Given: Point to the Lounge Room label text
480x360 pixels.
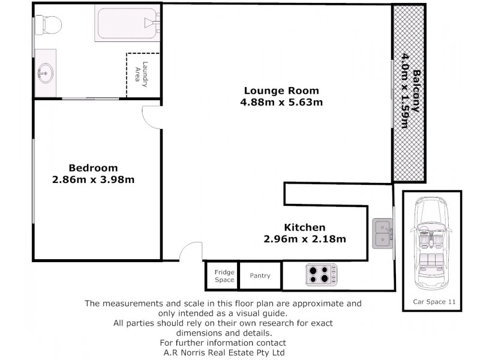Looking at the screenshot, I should (281, 91).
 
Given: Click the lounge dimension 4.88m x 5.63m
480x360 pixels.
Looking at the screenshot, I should (281, 102).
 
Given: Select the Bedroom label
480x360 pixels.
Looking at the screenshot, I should (92, 168).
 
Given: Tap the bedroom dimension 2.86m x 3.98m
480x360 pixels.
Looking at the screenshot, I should (92, 179).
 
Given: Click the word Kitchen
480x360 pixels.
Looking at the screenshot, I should (304, 227).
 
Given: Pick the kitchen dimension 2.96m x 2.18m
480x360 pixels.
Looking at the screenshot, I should (304, 239).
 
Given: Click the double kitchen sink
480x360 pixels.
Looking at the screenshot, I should (382, 233).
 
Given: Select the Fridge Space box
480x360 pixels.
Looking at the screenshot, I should (224, 276).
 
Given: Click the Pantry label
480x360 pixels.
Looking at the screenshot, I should (260, 276).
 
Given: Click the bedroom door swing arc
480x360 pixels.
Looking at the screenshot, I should (150, 117).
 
